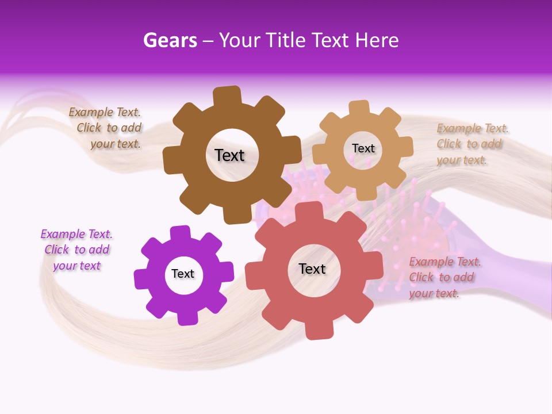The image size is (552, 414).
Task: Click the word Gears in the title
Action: click(170, 40)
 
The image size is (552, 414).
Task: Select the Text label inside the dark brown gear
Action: click(229, 155)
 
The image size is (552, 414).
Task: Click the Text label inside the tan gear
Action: click(363, 148)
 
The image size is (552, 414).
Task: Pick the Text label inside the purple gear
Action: click(183, 274)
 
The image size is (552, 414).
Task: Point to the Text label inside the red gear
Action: click(312, 269)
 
